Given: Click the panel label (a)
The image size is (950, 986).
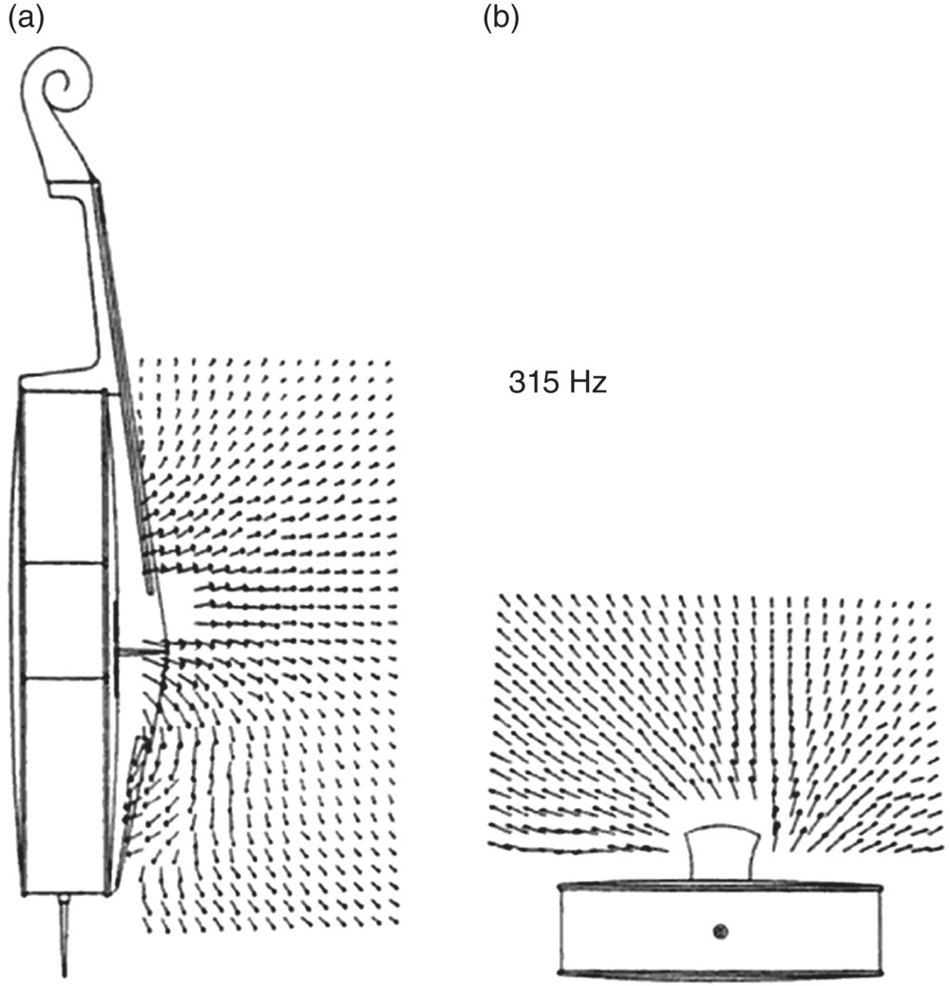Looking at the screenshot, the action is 26,18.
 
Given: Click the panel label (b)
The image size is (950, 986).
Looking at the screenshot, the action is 501,18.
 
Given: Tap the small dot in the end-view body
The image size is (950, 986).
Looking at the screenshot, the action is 720,930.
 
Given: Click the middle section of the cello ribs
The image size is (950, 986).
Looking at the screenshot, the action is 62,620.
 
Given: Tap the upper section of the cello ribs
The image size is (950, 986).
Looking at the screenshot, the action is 62,475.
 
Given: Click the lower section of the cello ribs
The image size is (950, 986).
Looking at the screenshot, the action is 62,784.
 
